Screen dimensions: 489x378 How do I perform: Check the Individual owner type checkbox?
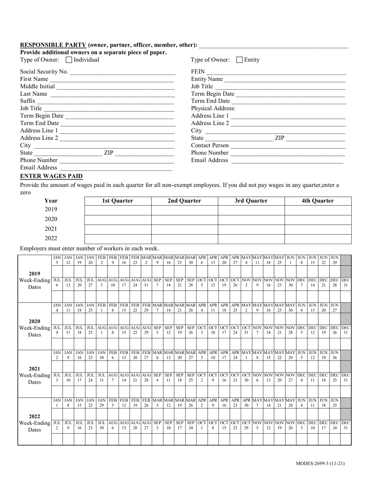click(69, 60)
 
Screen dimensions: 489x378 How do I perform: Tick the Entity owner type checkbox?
click(240, 60)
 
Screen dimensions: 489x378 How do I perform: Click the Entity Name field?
click(285, 79)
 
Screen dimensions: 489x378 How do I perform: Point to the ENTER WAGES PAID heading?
click(51, 176)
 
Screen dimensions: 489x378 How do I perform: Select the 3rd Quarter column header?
click(251, 201)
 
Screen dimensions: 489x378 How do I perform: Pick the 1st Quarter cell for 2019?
click(118, 210)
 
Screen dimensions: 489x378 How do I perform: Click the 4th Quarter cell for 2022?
click(318, 239)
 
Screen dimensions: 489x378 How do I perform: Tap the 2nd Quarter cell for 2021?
click(185, 229)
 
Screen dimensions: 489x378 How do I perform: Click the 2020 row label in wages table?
click(51, 219)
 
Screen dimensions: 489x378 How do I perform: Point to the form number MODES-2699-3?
click(320, 464)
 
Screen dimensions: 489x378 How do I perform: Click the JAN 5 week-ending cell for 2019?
click(57, 260)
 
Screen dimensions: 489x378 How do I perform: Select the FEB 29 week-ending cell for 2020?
click(146, 307)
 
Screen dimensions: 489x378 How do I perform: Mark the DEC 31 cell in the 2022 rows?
click(346, 425)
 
